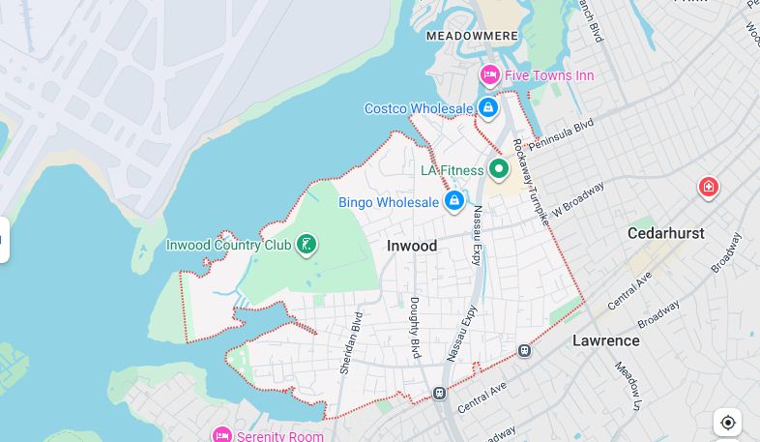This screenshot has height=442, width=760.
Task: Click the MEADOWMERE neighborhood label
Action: (x=472, y=36)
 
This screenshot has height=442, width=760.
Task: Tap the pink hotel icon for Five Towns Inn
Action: (x=490, y=75)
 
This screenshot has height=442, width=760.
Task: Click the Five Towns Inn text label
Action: (x=549, y=75)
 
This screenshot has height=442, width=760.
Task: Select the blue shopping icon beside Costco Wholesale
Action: (x=488, y=108)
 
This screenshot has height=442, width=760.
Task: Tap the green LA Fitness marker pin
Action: (x=499, y=170)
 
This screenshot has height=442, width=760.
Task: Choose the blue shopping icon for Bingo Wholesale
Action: (x=453, y=201)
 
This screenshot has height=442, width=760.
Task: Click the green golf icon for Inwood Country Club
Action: (x=307, y=245)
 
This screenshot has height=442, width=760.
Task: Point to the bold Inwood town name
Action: (x=412, y=246)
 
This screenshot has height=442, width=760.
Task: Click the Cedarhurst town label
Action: (x=665, y=233)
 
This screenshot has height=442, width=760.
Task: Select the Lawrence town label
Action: (x=605, y=340)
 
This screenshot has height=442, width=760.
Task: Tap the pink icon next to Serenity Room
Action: (x=222, y=435)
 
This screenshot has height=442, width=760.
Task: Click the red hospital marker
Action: (x=708, y=187)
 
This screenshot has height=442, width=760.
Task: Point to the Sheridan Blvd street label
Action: (x=350, y=342)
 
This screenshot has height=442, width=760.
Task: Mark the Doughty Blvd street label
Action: (x=415, y=328)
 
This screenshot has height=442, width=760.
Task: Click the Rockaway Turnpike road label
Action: (x=530, y=182)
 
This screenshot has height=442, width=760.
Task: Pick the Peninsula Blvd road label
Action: (x=562, y=133)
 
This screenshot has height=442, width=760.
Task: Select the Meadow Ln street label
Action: (x=628, y=386)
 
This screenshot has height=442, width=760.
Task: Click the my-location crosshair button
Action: (x=728, y=423)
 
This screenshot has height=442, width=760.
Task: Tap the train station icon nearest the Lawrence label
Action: (x=524, y=351)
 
